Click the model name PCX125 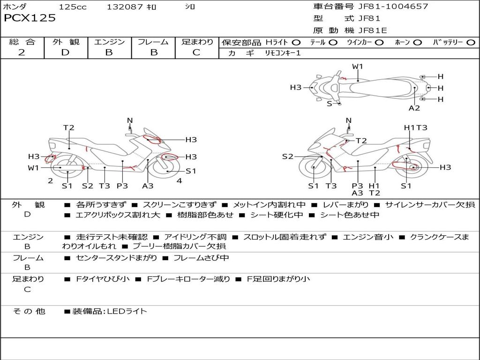pos(30,18)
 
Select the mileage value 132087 pos(124,7)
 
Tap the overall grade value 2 pos(22,52)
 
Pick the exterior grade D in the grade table pos(65,52)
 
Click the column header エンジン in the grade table pos(109,42)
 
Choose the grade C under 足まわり pos(196,52)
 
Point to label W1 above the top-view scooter pos(358,67)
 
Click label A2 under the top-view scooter pos(414,108)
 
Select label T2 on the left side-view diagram pos(69,127)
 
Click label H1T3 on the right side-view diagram pos(415,127)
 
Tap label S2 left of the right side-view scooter pos(287,157)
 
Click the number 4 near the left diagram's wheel pos(179,181)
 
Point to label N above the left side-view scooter pos(130,121)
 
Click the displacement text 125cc pos(73,7)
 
